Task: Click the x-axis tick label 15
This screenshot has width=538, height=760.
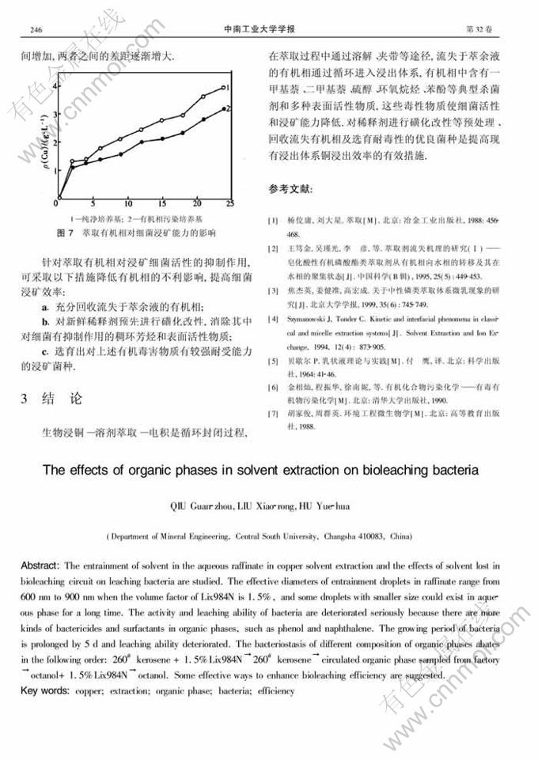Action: pyautogui.click(x=161, y=203)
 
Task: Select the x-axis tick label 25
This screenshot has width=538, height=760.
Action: pyautogui.click(x=230, y=203)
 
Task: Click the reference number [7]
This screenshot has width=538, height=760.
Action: pyautogui.click(x=273, y=413)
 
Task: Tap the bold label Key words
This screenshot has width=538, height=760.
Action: pyautogui.click(x=44, y=690)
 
